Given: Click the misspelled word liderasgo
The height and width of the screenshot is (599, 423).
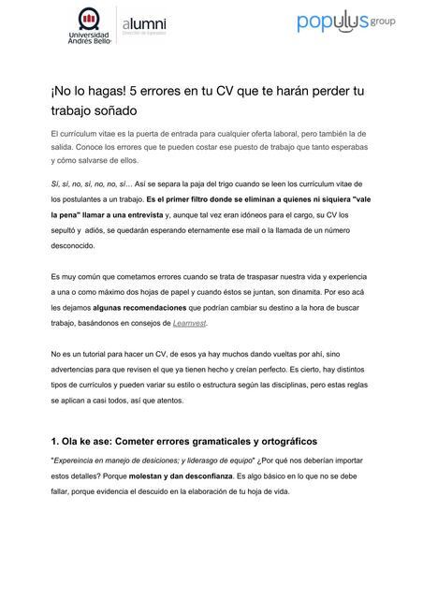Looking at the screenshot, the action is tap(208, 460).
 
